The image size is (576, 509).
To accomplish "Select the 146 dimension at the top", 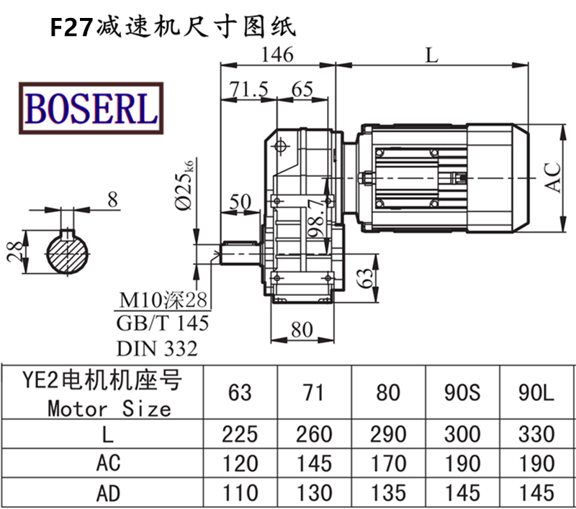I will coord(276,54).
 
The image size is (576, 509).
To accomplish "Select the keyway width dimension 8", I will coord(112,201).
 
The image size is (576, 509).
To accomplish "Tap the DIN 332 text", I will coord(156,349).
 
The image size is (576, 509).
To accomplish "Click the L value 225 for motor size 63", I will coord(240,434).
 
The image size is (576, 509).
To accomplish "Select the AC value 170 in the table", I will coord(387,463).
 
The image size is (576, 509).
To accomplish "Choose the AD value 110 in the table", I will coord(240,492).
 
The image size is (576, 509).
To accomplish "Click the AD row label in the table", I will coord(108,492).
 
